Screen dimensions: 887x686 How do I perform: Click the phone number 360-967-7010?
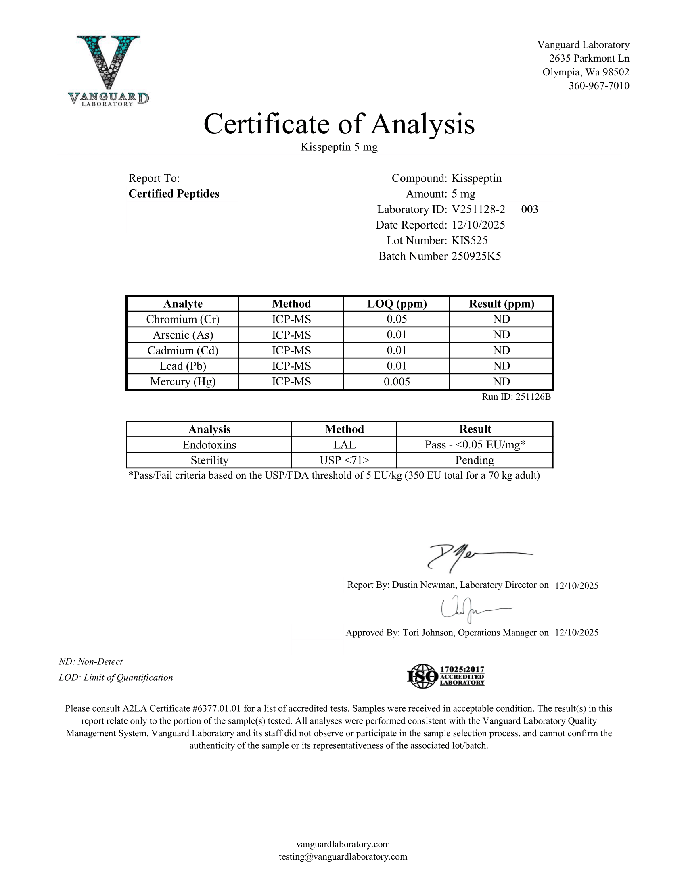point(598,86)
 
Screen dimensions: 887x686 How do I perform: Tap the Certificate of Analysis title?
point(339,124)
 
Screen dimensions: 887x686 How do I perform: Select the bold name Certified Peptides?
point(174,194)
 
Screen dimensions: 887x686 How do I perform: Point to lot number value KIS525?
point(469,240)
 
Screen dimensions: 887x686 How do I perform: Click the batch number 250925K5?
point(476,256)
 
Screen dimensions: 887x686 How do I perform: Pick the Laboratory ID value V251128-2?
point(478,210)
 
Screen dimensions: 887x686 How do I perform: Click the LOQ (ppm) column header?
point(397,304)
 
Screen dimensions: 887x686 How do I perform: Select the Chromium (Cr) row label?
point(183,319)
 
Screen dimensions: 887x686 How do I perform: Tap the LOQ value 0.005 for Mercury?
point(397,382)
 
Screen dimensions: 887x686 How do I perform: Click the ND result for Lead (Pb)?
point(502,366)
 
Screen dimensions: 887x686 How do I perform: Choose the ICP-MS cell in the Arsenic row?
point(291,335)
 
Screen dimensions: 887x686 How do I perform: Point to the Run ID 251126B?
point(516,397)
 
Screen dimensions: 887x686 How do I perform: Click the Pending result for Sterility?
point(475,460)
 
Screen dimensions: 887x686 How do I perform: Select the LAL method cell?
point(344,445)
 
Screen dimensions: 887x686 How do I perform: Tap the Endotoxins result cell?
point(475,445)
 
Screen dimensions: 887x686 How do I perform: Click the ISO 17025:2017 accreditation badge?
point(446,676)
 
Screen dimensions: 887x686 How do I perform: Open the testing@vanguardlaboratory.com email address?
point(343,856)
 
